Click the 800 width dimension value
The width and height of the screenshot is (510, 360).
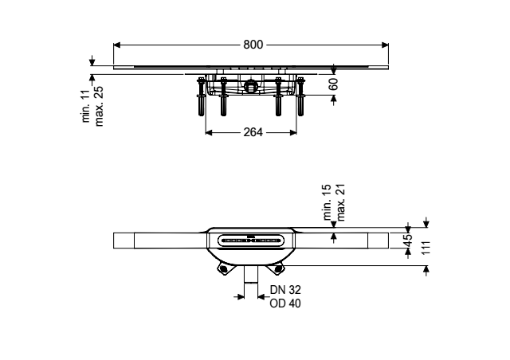click(253, 45)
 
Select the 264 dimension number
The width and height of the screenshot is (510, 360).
click(253, 132)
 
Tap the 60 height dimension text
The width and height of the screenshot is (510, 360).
click(333, 84)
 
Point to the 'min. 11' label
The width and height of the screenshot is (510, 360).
click(86, 106)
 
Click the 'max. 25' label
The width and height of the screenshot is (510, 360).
click(99, 106)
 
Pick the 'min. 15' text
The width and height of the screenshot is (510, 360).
click(327, 202)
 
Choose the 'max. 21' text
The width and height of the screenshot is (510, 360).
click(340, 202)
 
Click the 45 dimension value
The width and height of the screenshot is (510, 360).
click(408, 241)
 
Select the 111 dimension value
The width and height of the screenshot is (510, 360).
click(426, 248)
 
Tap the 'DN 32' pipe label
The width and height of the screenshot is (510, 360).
click(285, 289)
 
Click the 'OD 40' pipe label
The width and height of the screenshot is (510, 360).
click(285, 303)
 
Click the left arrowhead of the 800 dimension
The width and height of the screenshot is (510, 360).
click(117, 45)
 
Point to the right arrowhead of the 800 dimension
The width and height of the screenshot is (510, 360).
click(385, 45)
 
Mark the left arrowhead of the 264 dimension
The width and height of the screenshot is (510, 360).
click(209, 132)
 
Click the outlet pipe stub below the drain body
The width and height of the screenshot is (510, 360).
click(251, 275)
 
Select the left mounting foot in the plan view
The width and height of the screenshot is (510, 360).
click(223, 269)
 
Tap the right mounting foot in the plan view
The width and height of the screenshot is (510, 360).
click(278, 269)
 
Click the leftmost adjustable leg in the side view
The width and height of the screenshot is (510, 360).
click(202, 96)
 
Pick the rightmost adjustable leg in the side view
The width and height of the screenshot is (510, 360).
click(300, 96)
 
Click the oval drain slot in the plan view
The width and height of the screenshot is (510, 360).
click(250, 241)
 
